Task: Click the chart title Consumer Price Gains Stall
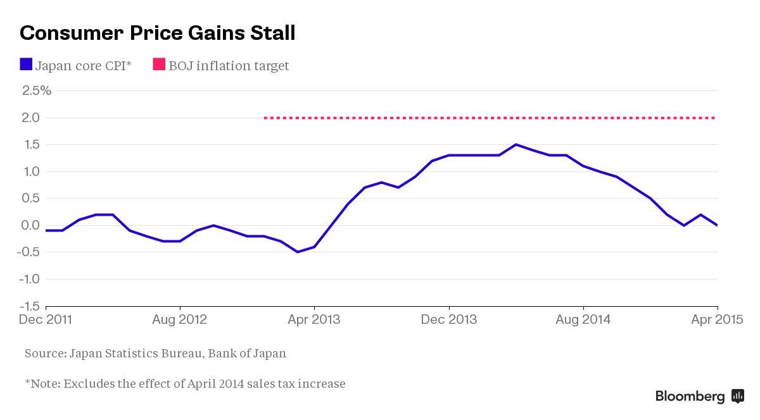(157, 33)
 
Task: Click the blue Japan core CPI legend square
(26, 65)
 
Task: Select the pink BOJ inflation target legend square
(159, 65)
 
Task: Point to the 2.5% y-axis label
(37, 90)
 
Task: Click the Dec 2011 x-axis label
(46, 319)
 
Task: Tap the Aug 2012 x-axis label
(180, 319)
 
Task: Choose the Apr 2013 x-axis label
(314, 319)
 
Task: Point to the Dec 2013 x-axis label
(449, 319)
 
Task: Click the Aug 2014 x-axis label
(583, 319)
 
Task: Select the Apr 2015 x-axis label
(717, 319)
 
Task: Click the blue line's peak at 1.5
(516, 144)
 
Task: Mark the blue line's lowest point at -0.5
(298, 252)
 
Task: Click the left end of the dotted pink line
(265, 118)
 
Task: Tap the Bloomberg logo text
(690, 397)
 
